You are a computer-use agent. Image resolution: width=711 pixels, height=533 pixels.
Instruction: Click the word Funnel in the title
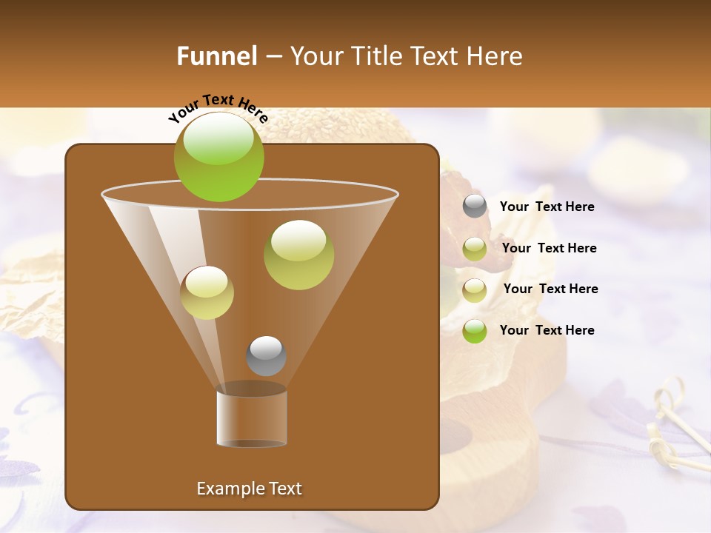tap(217, 56)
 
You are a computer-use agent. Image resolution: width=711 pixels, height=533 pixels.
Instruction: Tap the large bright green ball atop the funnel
tap(218, 156)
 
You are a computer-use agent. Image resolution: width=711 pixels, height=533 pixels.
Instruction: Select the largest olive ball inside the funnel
tap(298, 255)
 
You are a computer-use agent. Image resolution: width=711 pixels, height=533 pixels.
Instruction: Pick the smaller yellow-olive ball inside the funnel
tap(207, 292)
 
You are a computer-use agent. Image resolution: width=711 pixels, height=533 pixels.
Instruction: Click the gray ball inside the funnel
tap(266, 355)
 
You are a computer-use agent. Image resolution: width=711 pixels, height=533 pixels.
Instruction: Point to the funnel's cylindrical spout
tap(252, 418)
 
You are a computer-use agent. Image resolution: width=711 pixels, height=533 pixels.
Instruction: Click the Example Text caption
tap(249, 489)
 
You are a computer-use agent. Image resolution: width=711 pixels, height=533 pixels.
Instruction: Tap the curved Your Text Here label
tap(218, 108)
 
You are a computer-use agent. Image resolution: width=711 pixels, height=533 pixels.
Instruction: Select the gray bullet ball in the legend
tap(475, 207)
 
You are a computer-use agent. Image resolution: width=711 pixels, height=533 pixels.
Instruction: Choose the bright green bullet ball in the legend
tap(475, 331)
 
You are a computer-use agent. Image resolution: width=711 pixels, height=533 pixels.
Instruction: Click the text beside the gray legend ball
tap(547, 207)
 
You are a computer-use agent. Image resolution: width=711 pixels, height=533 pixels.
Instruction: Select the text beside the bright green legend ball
tap(547, 330)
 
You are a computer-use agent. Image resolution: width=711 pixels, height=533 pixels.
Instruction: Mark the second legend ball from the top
tap(475, 249)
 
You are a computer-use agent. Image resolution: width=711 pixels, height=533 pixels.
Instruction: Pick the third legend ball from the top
tap(475, 290)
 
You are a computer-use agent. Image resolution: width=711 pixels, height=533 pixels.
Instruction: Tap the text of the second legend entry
tap(549, 249)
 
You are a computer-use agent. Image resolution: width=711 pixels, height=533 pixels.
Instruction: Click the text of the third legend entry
tap(550, 289)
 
